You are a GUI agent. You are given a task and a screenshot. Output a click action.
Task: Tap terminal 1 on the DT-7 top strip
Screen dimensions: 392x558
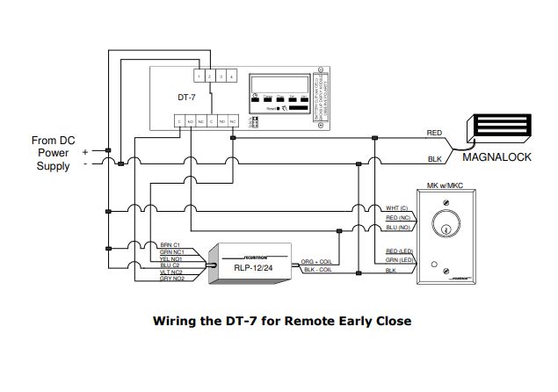(x=199, y=76)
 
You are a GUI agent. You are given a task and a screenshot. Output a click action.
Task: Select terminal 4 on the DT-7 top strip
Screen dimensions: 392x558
(x=231, y=76)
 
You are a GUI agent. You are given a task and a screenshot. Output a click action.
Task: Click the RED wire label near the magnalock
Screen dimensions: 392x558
(x=434, y=132)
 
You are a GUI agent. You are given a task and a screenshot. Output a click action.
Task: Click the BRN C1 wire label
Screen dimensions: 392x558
(x=171, y=246)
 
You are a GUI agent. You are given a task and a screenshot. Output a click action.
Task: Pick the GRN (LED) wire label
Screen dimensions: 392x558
(x=399, y=261)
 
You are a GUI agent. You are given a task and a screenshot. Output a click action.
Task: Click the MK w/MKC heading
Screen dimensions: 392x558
(x=445, y=186)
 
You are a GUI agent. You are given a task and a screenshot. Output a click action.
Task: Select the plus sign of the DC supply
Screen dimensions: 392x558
(x=85, y=151)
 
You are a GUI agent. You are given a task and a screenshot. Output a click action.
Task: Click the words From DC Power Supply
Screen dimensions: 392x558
(x=54, y=153)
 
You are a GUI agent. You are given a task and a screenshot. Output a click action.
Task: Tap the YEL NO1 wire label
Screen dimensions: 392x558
(x=171, y=259)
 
